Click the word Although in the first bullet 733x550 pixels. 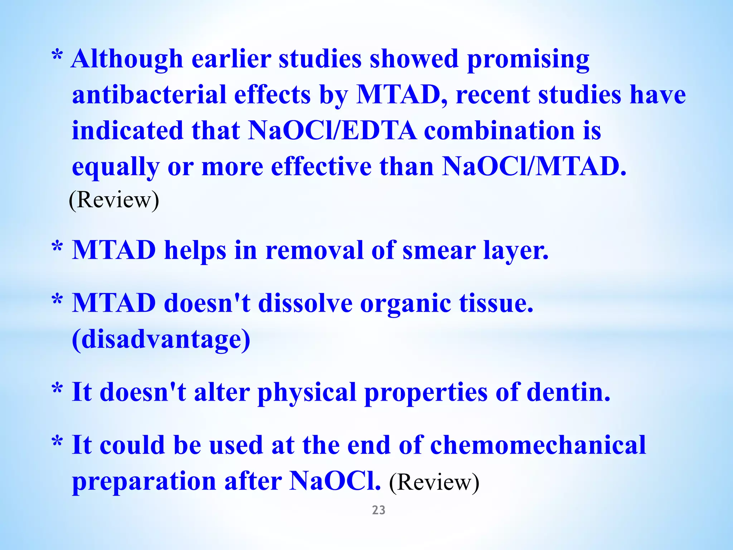click(127, 59)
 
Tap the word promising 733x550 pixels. click(528, 59)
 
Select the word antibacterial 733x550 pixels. click(149, 95)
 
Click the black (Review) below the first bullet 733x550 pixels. click(114, 200)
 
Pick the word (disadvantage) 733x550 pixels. click(161, 339)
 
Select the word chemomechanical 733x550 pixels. click(538, 445)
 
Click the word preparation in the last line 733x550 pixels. click(144, 482)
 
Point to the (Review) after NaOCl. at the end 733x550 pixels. click(434, 482)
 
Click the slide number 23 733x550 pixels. click(378, 510)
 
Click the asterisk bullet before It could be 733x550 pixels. click(57, 443)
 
